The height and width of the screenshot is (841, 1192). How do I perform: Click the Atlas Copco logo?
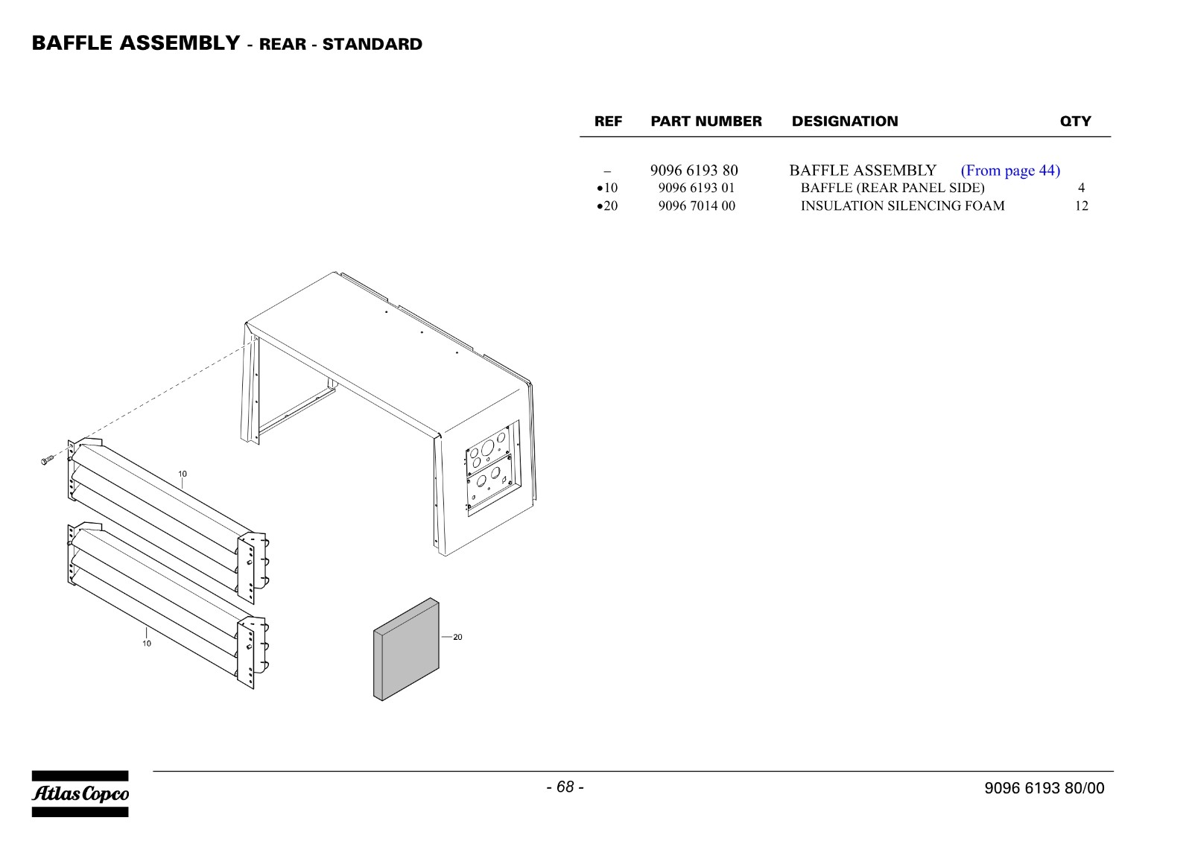coord(80,793)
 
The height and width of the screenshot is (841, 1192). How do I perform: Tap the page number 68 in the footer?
coord(565,787)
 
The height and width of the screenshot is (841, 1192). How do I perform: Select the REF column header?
coord(608,121)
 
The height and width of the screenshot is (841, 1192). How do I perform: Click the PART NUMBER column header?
coord(706,121)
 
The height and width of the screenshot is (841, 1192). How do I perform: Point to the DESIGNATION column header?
coord(845,121)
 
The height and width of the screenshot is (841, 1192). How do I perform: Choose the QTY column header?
coord(1075,121)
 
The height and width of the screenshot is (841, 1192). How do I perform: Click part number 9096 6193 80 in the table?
coord(694,171)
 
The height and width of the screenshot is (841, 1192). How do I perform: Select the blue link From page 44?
coord(1010,171)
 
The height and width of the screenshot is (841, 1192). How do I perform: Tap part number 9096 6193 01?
coord(696,188)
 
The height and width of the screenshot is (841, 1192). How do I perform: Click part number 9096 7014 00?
coord(697,206)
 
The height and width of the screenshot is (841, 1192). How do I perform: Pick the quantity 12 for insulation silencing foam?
coord(1081,206)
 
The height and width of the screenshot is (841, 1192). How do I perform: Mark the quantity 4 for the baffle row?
coord(1081,188)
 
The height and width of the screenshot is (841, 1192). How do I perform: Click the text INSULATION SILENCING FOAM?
coord(902,206)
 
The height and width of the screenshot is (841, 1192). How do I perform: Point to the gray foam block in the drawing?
coord(406,649)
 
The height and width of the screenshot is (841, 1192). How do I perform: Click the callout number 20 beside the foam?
coord(457,637)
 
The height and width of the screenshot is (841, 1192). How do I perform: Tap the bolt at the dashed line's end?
coord(48,460)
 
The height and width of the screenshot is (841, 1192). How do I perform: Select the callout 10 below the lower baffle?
coord(146,643)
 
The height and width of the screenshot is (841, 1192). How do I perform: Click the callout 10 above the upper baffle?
coord(183,474)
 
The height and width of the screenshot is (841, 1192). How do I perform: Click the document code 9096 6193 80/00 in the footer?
coord(1044,788)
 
